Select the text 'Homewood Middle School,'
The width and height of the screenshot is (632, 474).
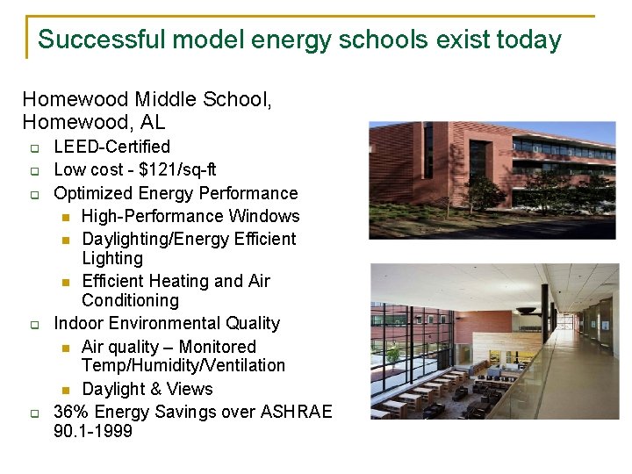147,100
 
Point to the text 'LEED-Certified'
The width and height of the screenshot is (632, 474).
111,147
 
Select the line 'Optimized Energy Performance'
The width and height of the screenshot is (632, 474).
176,193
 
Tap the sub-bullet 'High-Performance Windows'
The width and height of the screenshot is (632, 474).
190,216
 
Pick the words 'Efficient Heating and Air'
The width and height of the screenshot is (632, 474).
176,281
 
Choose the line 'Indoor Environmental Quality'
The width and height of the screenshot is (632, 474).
167,323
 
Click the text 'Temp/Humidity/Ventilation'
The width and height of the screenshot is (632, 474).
183,365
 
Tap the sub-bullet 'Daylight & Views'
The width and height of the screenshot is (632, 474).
147,389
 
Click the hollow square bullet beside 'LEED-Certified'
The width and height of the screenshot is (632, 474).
34,147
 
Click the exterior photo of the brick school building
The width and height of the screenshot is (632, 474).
492,180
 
